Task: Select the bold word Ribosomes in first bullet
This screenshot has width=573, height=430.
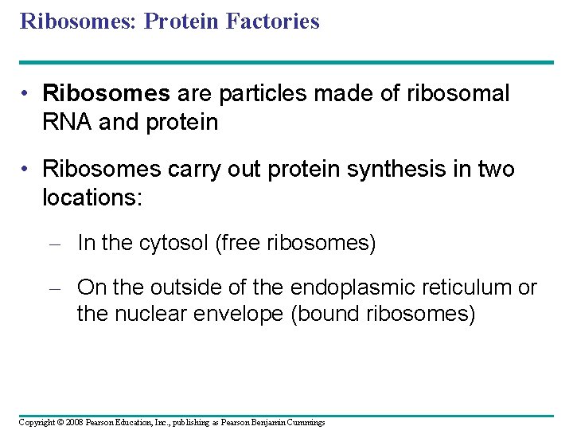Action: tap(106, 94)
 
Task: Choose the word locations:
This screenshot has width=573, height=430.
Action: tap(92, 197)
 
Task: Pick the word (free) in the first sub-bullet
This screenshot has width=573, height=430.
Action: tap(239, 244)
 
